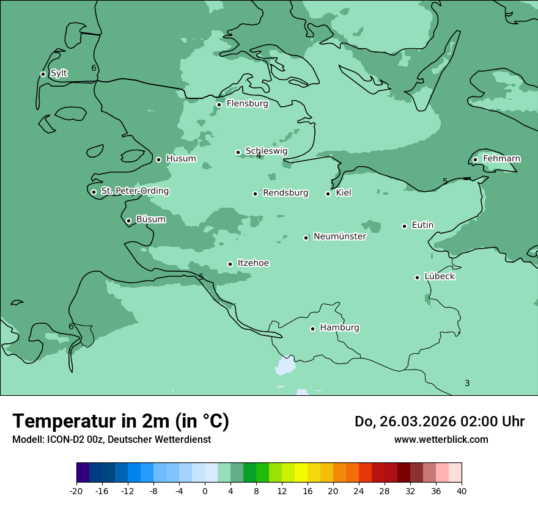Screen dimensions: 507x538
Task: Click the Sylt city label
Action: tap(59, 73)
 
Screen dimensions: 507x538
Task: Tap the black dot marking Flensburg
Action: tap(219, 104)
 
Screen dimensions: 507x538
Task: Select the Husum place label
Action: tap(181, 159)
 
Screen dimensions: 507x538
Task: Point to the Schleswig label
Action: tap(266, 151)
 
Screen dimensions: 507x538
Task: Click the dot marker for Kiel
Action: tap(328, 194)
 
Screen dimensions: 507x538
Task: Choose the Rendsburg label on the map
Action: tap(286, 193)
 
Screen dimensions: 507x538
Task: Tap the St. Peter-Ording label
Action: tap(134, 191)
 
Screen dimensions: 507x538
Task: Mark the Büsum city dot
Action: tap(128, 221)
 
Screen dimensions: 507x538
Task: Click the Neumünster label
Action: tap(340, 236)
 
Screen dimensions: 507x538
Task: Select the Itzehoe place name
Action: tap(253, 263)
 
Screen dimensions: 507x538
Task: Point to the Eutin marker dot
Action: tap(404, 226)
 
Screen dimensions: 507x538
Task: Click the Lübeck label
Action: tap(440, 276)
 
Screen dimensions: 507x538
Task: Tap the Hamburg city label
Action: tap(339, 327)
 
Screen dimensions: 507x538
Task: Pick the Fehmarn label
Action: tap(501, 159)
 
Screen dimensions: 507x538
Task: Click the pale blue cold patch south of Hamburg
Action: tap(286, 367)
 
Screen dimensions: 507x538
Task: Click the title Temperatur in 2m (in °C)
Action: tap(120, 421)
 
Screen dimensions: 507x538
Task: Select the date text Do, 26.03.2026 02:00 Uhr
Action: tap(439, 421)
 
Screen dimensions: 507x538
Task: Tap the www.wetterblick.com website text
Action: tap(441, 439)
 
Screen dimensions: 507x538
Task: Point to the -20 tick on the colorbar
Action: tap(76, 491)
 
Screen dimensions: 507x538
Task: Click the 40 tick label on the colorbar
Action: tap(462, 491)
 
